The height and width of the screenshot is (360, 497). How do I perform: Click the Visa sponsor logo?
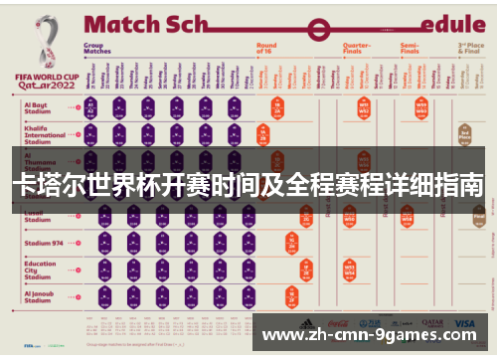464,323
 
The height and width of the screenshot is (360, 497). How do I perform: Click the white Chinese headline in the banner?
248,185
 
